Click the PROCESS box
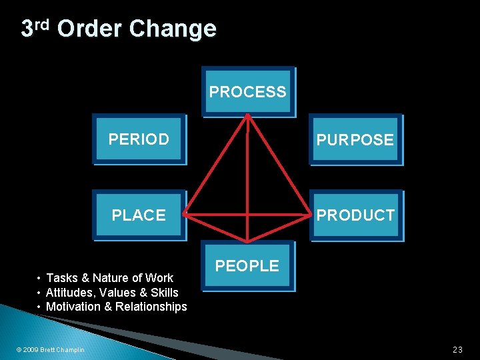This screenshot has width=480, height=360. click(x=247, y=92)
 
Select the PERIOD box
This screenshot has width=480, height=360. click(x=139, y=139)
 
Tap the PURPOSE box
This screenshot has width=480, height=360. click(x=355, y=140)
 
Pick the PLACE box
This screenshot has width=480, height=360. click(x=139, y=215)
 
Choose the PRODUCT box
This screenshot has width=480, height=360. click(x=355, y=215)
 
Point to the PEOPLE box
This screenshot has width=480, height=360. click(x=247, y=265)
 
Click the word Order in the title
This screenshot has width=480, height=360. click(x=89, y=29)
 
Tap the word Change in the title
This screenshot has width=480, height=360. click(x=173, y=29)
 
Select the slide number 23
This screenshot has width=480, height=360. click(x=457, y=349)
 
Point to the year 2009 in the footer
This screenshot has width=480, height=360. click(x=30, y=350)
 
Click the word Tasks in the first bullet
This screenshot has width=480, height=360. click(x=62, y=278)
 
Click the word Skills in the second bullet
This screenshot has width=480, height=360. click(x=164, y=293)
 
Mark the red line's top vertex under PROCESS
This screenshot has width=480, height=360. click(x=247, y=115)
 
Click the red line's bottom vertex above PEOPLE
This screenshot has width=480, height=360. click(x=247, y=241)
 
